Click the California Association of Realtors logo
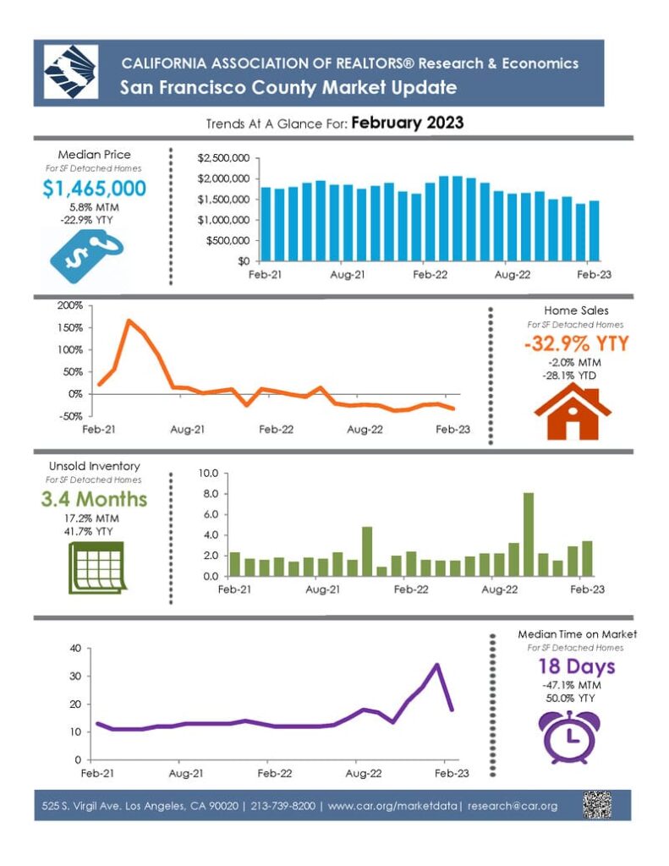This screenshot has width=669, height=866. (71, 73)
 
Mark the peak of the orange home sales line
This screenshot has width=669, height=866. (129, 321)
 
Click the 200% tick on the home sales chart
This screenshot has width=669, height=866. (70, 305)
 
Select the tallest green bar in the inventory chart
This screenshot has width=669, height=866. (529, 534)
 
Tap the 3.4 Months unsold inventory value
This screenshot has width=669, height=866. (94, 498)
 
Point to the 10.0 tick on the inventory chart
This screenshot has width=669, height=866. (208, 473)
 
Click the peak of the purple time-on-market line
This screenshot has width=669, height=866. (436, 665)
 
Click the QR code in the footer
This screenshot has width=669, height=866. (597, 805)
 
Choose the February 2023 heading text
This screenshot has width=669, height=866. (407, 123)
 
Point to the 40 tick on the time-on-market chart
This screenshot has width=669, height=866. (74, 649)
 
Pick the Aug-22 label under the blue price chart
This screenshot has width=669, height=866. (512, 276)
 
